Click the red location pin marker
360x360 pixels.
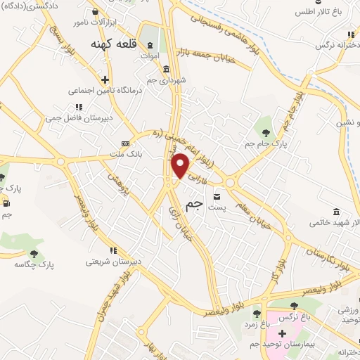pos(181,166)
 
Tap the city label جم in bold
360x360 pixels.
pos(193,205)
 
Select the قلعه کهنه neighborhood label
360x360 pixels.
pos(111,43)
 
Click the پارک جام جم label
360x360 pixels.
pos(267,143)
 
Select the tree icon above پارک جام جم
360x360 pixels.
pos(266,131)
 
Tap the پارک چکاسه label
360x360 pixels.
pos(34,265)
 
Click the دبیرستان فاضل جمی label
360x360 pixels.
pos(78,119)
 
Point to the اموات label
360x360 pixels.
pos(150,55)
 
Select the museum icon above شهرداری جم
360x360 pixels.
pos(166,69)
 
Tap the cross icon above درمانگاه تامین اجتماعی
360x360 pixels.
pos(105,79)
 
